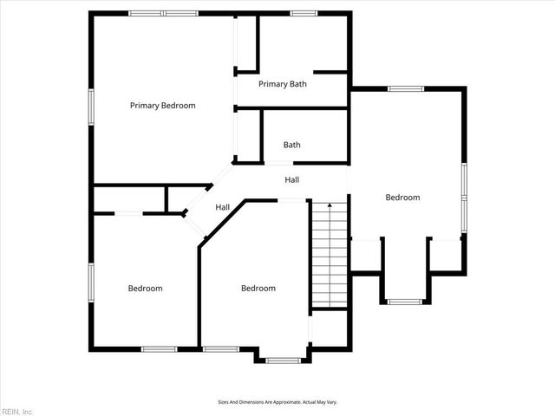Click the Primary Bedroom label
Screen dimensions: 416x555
[162, 106]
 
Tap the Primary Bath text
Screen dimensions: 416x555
[282, 84]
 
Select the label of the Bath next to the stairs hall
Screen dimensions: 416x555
[291, 145]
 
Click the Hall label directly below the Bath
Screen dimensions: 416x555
[292, 179]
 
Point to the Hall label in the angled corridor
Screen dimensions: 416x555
[222, 207]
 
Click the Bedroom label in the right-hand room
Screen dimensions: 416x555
[402, 198]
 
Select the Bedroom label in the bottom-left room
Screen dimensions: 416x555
[145, 289]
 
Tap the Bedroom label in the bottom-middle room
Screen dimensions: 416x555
[258, 289]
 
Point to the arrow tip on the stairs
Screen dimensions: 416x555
[329, 205]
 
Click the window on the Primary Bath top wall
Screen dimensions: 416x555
[303, 13]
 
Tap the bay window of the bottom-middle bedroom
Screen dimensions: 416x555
[283, 360]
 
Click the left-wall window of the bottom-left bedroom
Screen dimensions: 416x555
[90, 283]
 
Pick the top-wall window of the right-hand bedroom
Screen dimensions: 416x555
[405, 88]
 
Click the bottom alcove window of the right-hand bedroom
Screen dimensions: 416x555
[404, 302]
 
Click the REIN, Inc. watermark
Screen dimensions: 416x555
[16, 411]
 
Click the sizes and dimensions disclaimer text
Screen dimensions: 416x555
[277, 401]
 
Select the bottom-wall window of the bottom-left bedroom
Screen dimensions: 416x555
[160, 348]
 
